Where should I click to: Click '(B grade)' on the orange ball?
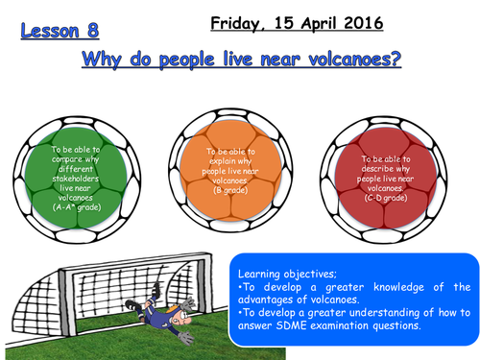[x=228, y=190]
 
